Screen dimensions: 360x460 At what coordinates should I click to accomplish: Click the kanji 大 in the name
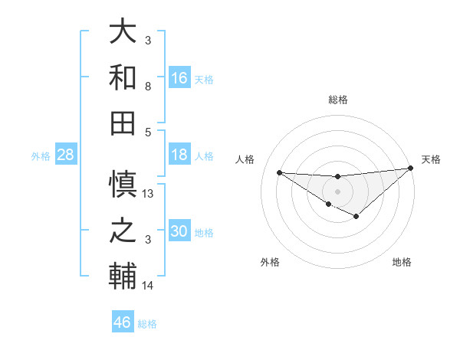point(123,33)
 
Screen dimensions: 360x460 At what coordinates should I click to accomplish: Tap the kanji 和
point(123,78)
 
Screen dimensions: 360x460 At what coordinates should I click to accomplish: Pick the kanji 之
point(123,231)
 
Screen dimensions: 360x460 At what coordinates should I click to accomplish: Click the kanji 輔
point(123,276)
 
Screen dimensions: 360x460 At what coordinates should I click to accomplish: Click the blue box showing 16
point(179,77)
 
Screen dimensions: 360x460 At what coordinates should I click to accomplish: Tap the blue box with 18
point(179,155)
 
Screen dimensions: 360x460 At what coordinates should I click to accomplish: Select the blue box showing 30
point(179,231)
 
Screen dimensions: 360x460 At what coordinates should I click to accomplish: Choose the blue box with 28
point(66,155)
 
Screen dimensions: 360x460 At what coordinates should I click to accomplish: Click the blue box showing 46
point(123,322)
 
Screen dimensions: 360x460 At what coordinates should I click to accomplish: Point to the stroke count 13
point(149,194)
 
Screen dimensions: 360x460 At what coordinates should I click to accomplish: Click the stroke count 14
point(148,286)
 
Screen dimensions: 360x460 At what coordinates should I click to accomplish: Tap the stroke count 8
point(148,87)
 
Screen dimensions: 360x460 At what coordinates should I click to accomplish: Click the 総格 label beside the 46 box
point(147,324)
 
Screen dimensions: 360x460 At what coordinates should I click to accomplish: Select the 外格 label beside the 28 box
point(41,156)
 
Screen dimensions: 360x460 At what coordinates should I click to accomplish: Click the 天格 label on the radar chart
point(431,159)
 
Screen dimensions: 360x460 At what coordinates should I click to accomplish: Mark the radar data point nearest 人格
point(279,172)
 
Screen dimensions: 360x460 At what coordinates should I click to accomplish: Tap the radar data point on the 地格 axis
point(356,217)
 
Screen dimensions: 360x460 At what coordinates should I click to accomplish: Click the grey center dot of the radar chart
point(337,190)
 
